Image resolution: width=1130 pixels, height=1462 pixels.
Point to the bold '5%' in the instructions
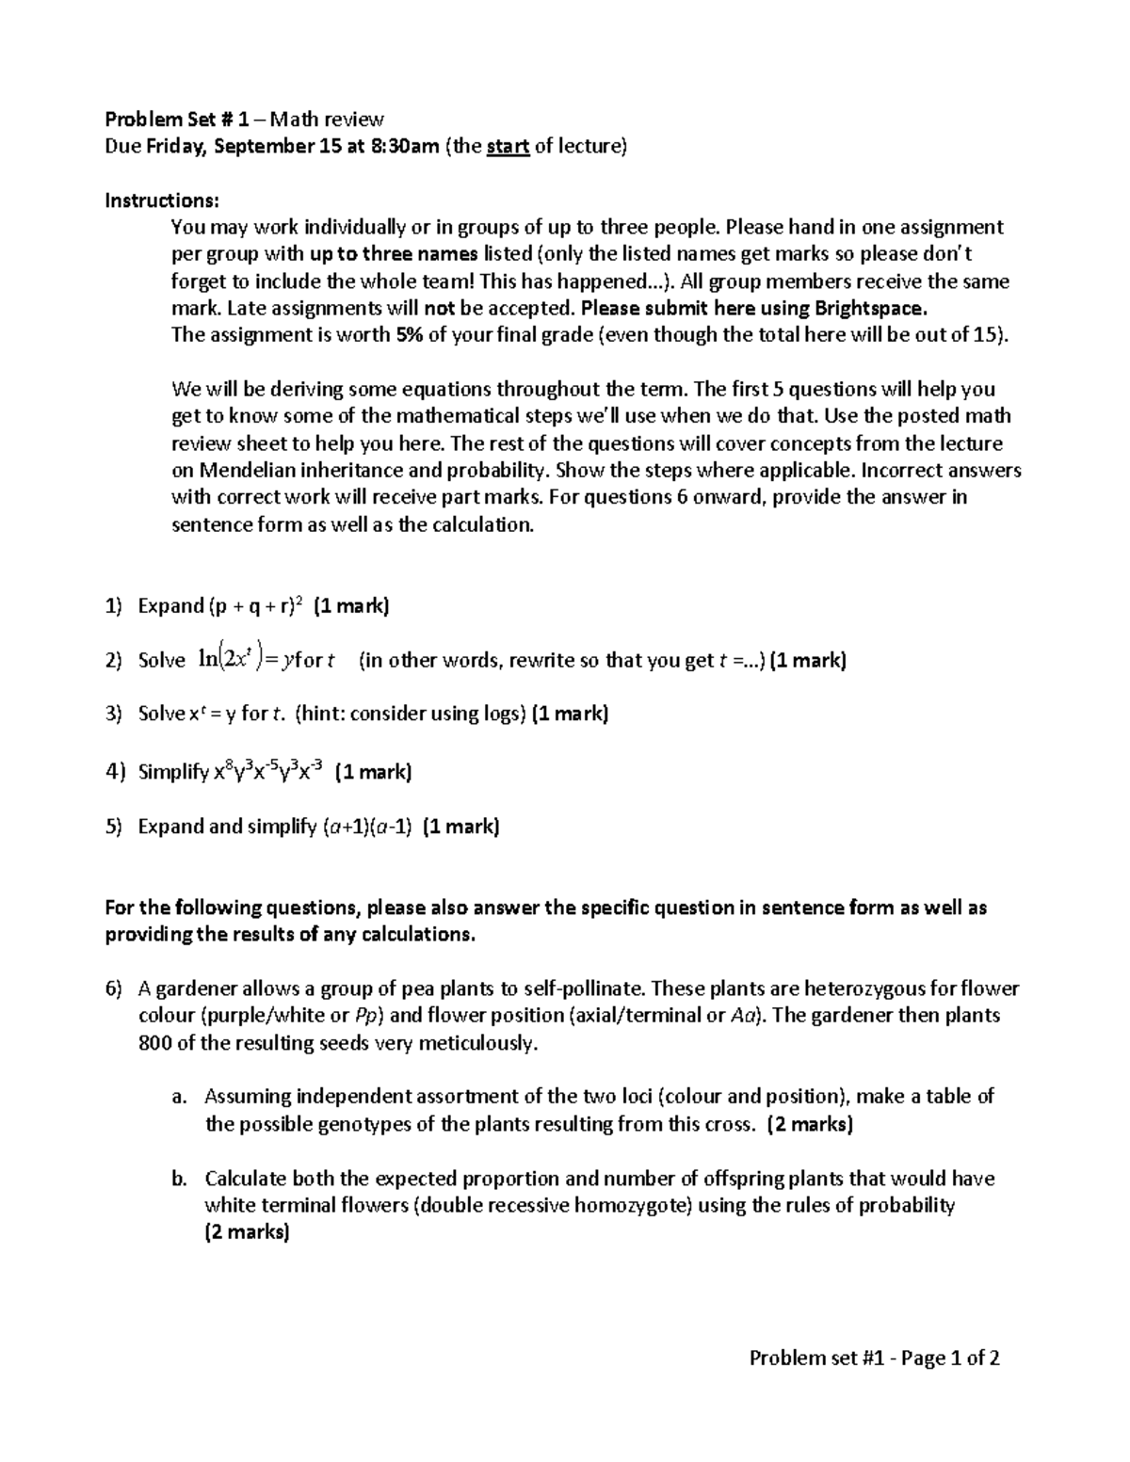pyautogui.click(x=407, y=336)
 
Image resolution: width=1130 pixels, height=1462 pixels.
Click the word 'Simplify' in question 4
pyautogui.click(x=173, y=773)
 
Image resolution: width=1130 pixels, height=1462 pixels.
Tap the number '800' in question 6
pyautogui.click(x=155, y=1043)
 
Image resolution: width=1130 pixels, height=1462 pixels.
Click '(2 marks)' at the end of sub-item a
pyautogui.click(x=810, y=1124)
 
